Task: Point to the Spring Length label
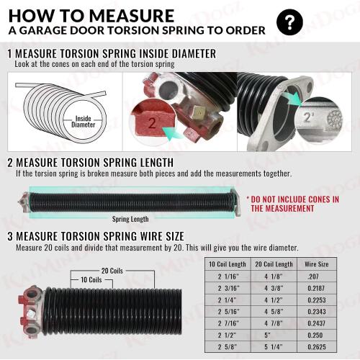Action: tap(130, 219)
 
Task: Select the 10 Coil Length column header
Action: tap(228, 264)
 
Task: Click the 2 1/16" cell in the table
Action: tap(228, 276)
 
